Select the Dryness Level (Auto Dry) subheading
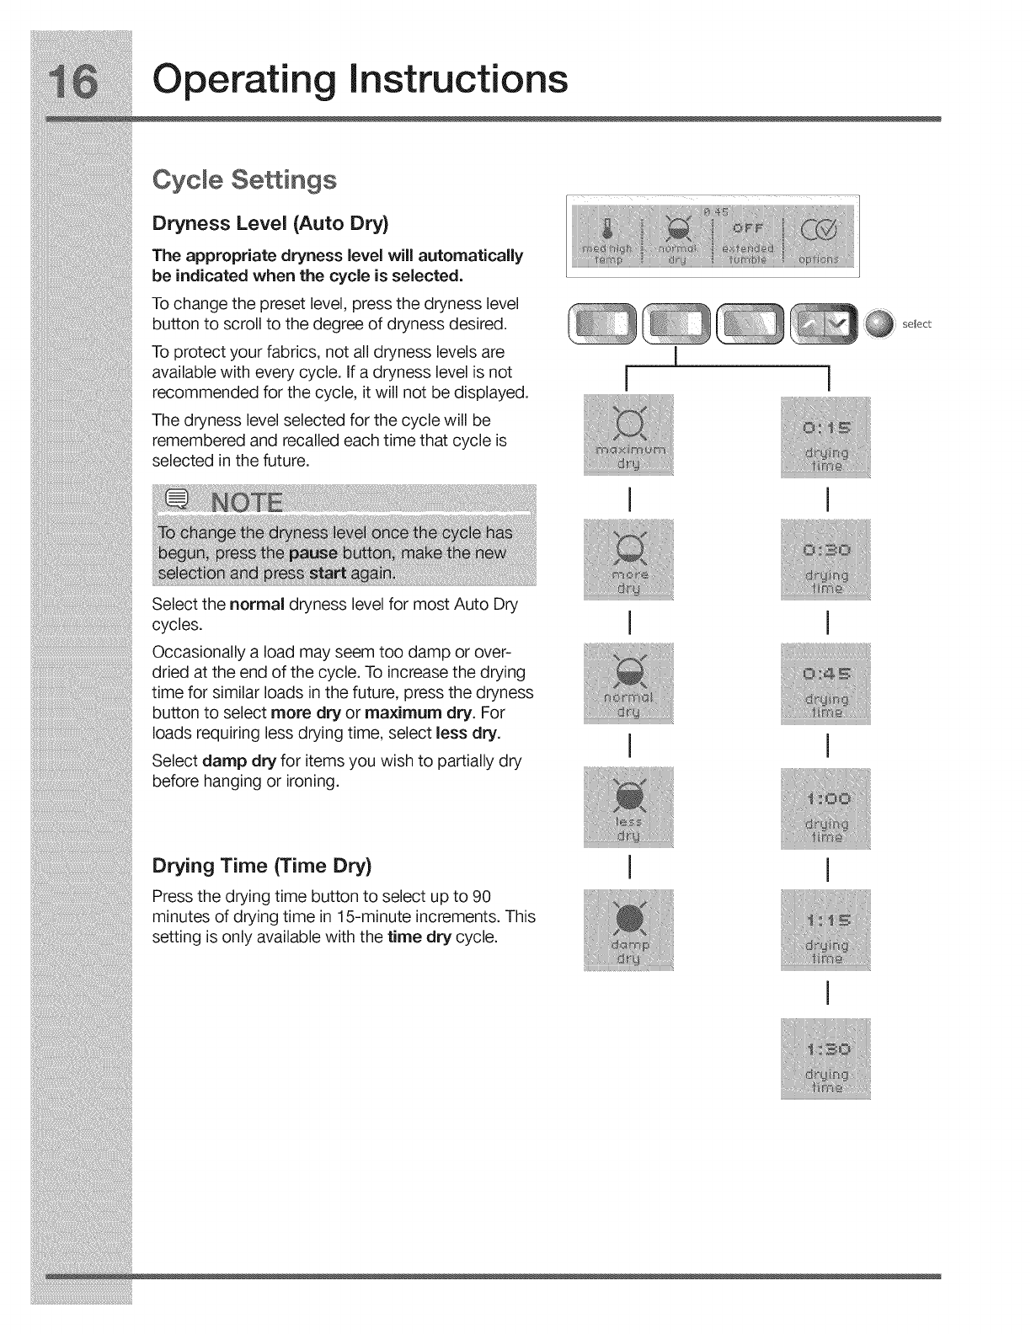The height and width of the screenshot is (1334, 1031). (x=270, y=223)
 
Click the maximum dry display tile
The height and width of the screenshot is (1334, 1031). (x=628, y=435)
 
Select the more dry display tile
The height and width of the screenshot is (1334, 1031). (x=628, y=559)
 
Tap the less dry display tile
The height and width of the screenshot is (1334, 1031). (x=628, y=807)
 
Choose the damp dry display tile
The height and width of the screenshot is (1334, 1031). (x=628, y=929)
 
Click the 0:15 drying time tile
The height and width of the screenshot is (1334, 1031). (x=826, y=435)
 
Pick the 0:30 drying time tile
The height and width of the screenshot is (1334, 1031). (x=826, y=559)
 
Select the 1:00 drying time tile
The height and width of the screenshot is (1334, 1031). (x=826, y=807)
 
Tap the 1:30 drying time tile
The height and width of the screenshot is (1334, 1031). (x=826, y=1058)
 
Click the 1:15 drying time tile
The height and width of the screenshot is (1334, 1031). (x=826, y=929)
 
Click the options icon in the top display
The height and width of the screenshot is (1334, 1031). (x=819, y=229)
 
